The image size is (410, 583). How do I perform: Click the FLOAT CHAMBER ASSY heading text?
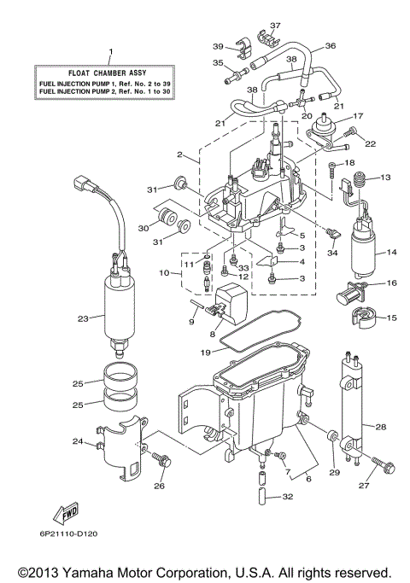[x=108, y=73]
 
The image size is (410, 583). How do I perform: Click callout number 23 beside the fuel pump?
[x=82, y=318]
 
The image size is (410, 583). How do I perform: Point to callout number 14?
[x=392, y=252]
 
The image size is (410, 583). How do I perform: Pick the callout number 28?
[x=380, y=426]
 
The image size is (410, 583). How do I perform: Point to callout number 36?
[x=330, y=46]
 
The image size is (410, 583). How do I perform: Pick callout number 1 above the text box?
[x=108, y=52]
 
